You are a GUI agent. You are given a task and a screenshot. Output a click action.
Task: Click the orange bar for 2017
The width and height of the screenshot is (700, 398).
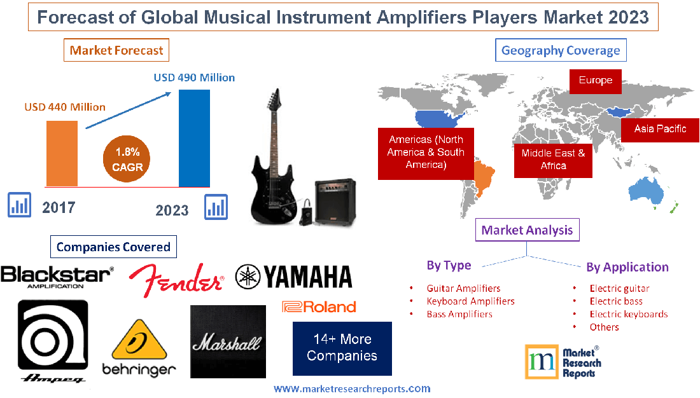tap(62, 153)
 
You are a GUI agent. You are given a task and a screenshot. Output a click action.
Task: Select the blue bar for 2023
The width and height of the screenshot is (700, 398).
tap(194, 138)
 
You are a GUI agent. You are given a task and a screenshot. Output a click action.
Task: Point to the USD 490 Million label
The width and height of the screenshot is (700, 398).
tap(194, 78)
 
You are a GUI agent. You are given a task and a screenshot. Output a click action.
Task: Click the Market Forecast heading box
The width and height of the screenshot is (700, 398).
tap(116, 50)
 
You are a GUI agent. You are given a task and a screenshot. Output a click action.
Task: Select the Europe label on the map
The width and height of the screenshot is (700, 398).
tap(595, 81)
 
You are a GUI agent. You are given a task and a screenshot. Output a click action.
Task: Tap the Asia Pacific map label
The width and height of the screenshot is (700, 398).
tap(660, 129)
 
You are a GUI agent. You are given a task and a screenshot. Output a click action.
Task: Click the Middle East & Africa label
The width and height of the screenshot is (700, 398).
tap(553, 159)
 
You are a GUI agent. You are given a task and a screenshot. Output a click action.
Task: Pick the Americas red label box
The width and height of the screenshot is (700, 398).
tap(426, 153)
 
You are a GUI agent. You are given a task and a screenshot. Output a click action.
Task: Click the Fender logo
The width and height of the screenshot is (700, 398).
tap(176, 280)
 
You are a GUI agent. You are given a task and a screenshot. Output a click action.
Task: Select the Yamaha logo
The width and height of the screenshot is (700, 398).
tap(293, 277)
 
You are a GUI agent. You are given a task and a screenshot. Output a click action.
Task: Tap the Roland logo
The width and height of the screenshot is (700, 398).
tap(319, 307)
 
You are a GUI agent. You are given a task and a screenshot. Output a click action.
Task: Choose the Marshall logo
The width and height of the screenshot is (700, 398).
tap(227, 342)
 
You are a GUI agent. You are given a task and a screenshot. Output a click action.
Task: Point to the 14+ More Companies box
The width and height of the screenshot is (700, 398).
tap(342, 348)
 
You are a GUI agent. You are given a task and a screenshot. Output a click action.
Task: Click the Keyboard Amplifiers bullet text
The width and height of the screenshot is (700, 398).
tap(470, 301)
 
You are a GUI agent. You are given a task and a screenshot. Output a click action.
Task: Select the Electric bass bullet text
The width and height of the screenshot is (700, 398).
tap(615, 301)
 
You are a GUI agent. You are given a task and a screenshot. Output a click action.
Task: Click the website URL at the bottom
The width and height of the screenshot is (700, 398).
tap(352, 388)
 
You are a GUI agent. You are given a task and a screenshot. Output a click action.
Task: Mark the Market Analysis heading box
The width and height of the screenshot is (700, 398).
tap(528, 230)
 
